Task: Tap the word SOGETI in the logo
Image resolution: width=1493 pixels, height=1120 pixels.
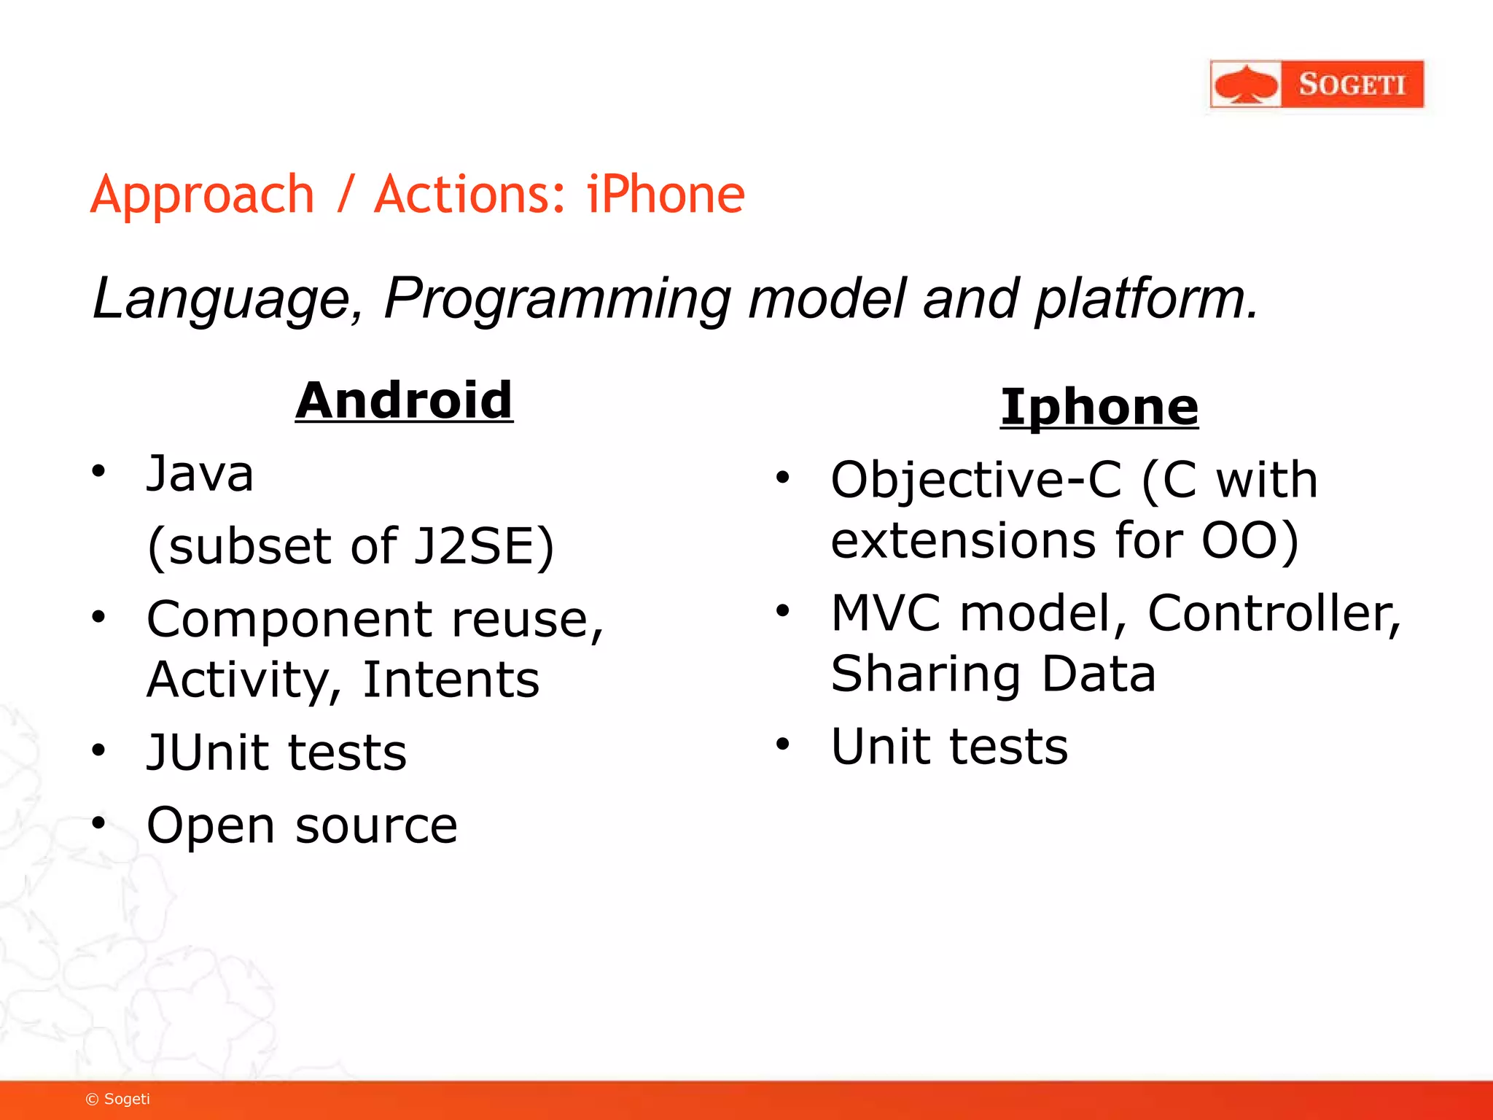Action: (x=1352, y=85)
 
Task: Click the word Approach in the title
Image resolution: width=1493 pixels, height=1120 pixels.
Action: (x=202, y=195)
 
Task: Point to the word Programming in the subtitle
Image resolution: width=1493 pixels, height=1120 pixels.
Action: (x=557, y=299)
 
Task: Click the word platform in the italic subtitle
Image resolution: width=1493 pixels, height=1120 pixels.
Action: (x=1147, y=299)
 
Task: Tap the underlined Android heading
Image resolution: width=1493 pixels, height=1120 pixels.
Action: (x=404, y=400)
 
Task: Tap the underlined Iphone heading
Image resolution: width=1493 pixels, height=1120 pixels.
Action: (x=1099, y=406)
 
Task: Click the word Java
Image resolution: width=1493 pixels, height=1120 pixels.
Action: (x=200, y=474)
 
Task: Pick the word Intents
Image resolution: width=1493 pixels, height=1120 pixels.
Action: (x=451, y=680)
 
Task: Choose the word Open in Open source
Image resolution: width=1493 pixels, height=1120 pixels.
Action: (x=211, y=826)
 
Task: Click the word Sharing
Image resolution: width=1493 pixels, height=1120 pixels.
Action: (x=925, y=674)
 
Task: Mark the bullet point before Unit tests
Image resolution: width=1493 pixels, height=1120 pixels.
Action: (x=782, y=744)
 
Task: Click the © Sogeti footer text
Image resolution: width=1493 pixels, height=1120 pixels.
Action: (x=118, y=1099)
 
